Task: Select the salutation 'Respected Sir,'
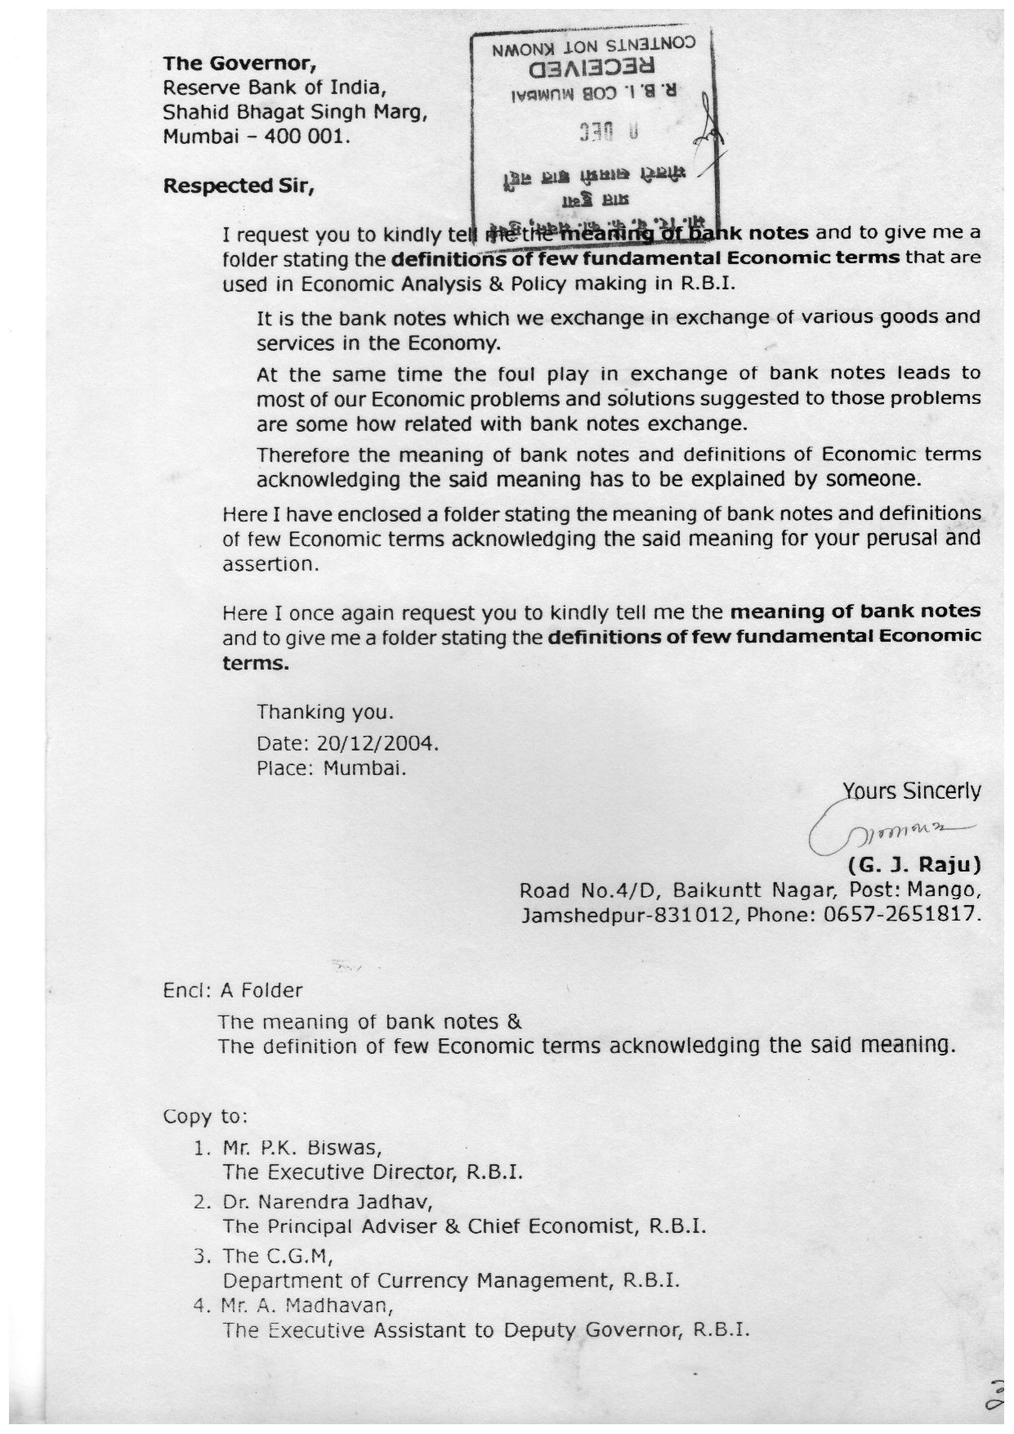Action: [x=239, y=186]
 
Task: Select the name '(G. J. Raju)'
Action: [x=914, y=864]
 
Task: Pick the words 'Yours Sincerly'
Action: [x=911, y=791]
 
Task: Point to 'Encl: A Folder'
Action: [x=233, y=991]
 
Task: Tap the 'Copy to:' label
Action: [x=205, y=1117]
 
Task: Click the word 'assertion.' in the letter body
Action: [x=269, y=564]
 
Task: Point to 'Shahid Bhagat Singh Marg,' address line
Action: [x=295, y=113]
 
